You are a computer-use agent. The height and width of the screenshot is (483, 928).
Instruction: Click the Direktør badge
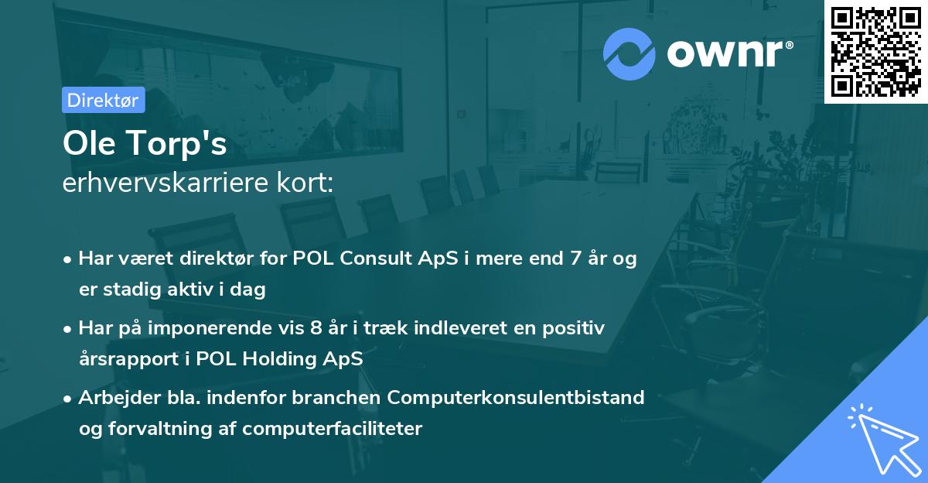tap(103, 100)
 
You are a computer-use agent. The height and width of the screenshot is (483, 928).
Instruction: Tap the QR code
tap(875, 51)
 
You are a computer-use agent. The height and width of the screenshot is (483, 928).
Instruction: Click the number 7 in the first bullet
tap(575, 259)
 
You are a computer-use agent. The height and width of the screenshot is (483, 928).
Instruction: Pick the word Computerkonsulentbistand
tap(516, 398)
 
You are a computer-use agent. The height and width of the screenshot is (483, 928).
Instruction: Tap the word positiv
tap(575, 328)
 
